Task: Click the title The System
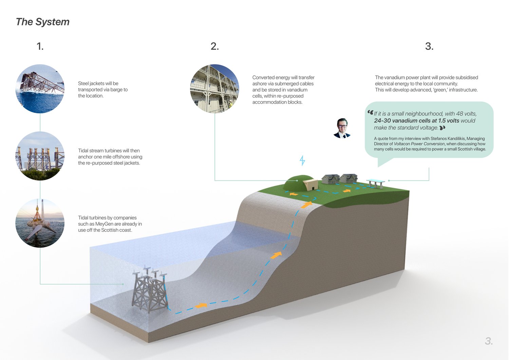42,22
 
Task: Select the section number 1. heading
40,46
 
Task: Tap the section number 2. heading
214,46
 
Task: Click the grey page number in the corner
488,341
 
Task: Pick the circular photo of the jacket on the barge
40,89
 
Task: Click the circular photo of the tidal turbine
40,223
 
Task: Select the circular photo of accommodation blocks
214,89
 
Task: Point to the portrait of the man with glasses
342,128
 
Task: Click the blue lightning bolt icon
302,160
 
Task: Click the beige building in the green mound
310,185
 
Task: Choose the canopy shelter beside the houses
376,183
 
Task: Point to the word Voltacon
402,144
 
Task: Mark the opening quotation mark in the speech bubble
370,112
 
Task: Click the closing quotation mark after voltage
442,128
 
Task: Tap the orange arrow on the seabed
201,305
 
